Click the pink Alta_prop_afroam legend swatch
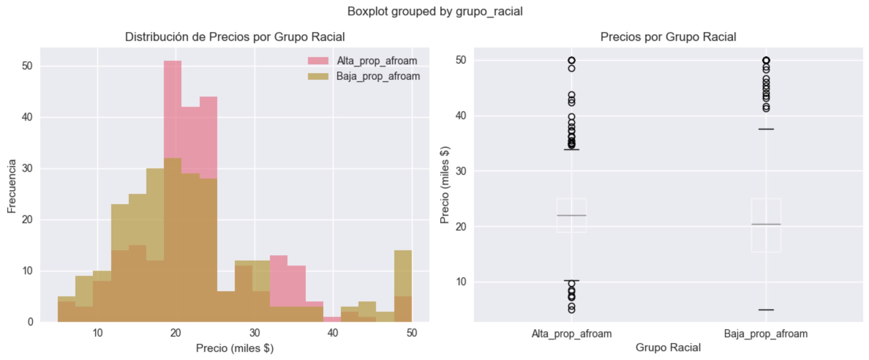[x=318, y=61]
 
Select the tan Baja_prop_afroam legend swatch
[x=318, y=76]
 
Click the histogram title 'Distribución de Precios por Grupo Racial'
[x=235, y=37]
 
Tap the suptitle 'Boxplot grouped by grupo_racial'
[x=434, y=11]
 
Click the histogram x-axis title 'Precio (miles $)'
[x=235, y=348]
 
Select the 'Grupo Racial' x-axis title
[x=668, y=347]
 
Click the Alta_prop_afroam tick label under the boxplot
[x=571, y=334]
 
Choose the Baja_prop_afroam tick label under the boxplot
[x=765, y=334]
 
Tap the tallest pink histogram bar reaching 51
[x=173, y=110]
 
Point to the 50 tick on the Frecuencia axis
[x=27, y=66]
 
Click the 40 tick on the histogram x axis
[x=333, y=333]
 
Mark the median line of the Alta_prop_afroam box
[x=571, y=215]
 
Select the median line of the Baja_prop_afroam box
[x=766, y=224]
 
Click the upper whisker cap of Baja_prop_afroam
[x=766, y=129]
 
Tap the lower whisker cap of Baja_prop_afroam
[x=766, y=310]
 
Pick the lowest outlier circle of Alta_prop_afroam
[x=571, y=310]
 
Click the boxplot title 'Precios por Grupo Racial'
[x=668, y=37]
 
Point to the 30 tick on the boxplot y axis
[x=460, y=171]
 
